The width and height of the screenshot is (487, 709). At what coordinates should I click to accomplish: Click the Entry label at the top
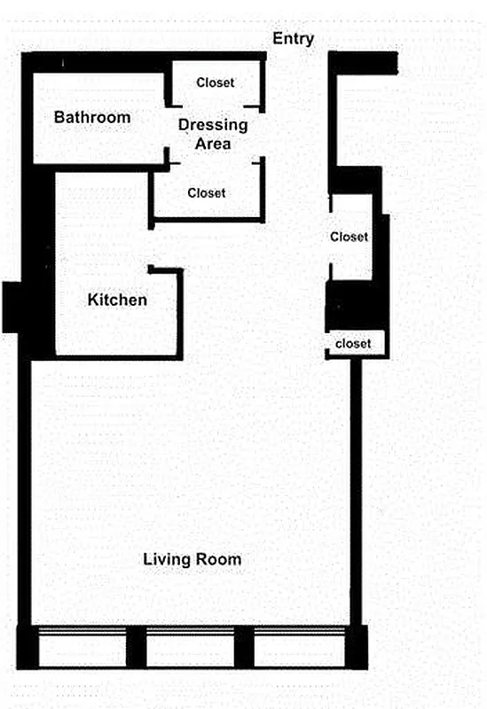coord(293,38)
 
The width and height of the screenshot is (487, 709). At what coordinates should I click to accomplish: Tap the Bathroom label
coord(92,117)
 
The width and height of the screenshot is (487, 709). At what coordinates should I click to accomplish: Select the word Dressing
coord(213,125)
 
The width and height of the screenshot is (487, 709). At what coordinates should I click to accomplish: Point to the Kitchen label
coord(117,300)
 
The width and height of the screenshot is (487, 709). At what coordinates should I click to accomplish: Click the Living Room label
coord(192,560)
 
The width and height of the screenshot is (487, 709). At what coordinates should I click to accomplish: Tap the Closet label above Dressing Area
coord(216,82)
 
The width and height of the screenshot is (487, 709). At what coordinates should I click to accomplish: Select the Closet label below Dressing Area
coord(207,192)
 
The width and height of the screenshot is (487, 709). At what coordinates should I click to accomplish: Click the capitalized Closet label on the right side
coord(349,237)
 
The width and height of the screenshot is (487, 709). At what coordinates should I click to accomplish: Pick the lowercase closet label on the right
coord(352,343)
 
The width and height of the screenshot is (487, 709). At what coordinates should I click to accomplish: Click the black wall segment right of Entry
coord(364,63)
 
